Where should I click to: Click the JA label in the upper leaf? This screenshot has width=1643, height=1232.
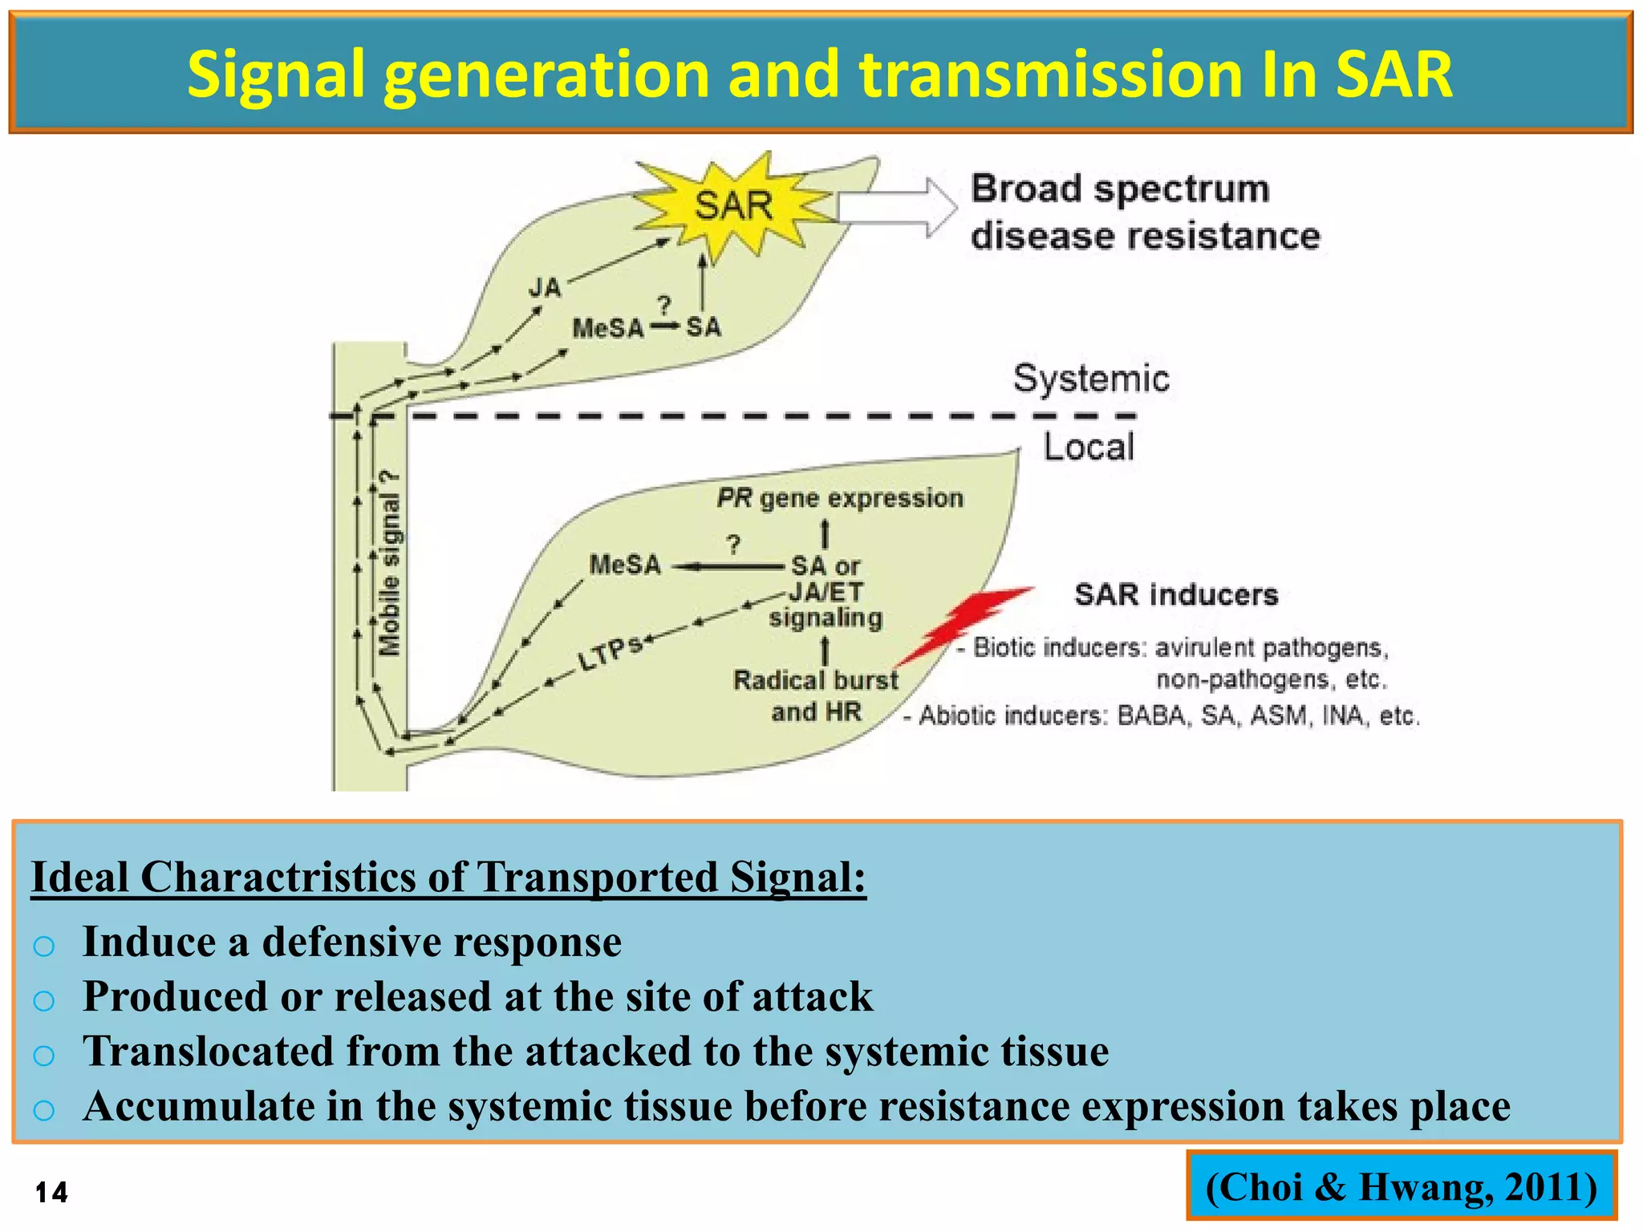click(x=545, y=287)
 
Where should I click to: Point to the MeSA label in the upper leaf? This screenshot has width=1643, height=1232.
click(x=607, y=328)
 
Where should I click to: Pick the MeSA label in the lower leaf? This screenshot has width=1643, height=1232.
click(x=625, y=565)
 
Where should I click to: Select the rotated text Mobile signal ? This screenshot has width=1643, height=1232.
click(x=389, y=563)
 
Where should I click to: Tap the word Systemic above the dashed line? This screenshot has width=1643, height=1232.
click(x=1090, y=379)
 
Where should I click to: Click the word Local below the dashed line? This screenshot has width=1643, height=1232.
click(x=1088, y=447)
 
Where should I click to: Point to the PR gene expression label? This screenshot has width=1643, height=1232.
click(x=839, y=498)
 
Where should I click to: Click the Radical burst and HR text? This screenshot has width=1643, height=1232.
click(x=816, y=695)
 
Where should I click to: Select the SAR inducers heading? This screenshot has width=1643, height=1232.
click(x=1175, y=594)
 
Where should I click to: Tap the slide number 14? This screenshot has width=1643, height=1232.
click(x=51, y=1193)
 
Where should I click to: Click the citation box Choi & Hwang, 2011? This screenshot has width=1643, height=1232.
click(x=1401, y=1186)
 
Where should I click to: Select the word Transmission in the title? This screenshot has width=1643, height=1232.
click(x=1046, y=74)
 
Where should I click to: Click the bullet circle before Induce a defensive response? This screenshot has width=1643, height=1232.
click(x=44, y=946)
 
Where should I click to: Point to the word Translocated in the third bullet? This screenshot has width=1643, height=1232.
click(x=208, y=1052)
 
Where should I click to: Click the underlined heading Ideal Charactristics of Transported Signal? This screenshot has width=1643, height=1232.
click(x=448, y=877)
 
